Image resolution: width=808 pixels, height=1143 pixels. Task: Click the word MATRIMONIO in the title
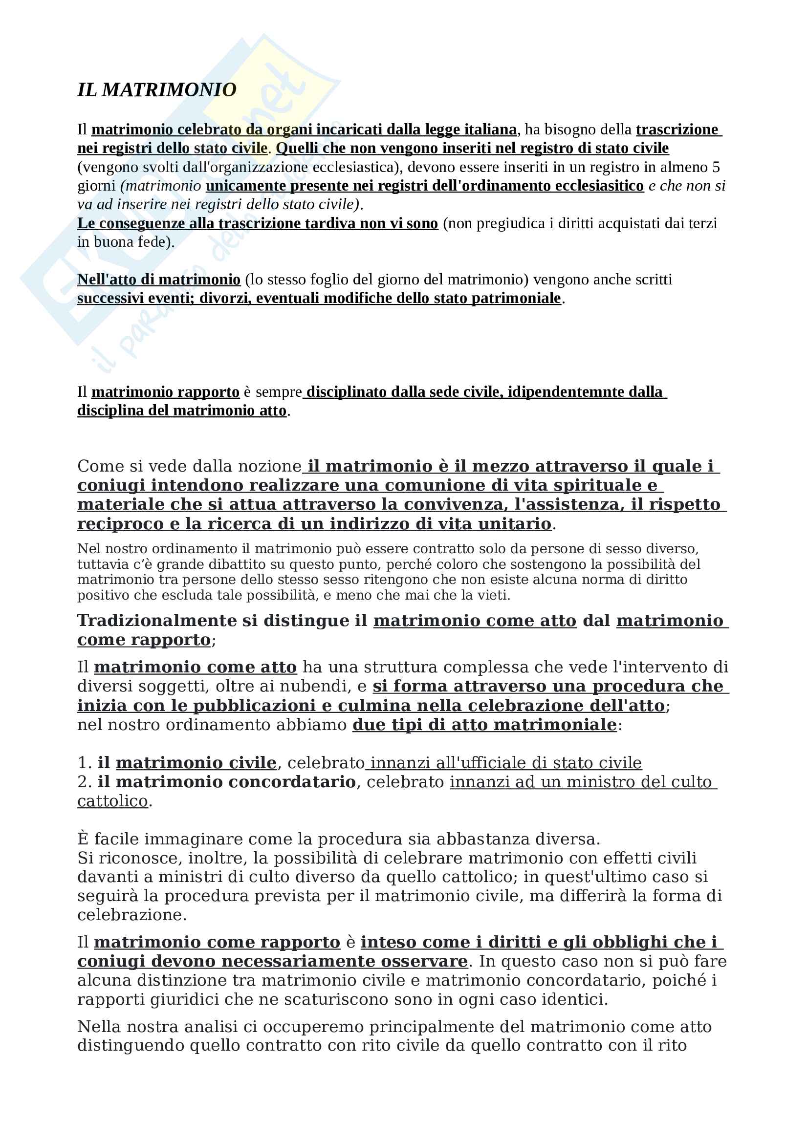169,90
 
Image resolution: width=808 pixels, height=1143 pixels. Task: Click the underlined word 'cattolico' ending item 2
112,801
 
